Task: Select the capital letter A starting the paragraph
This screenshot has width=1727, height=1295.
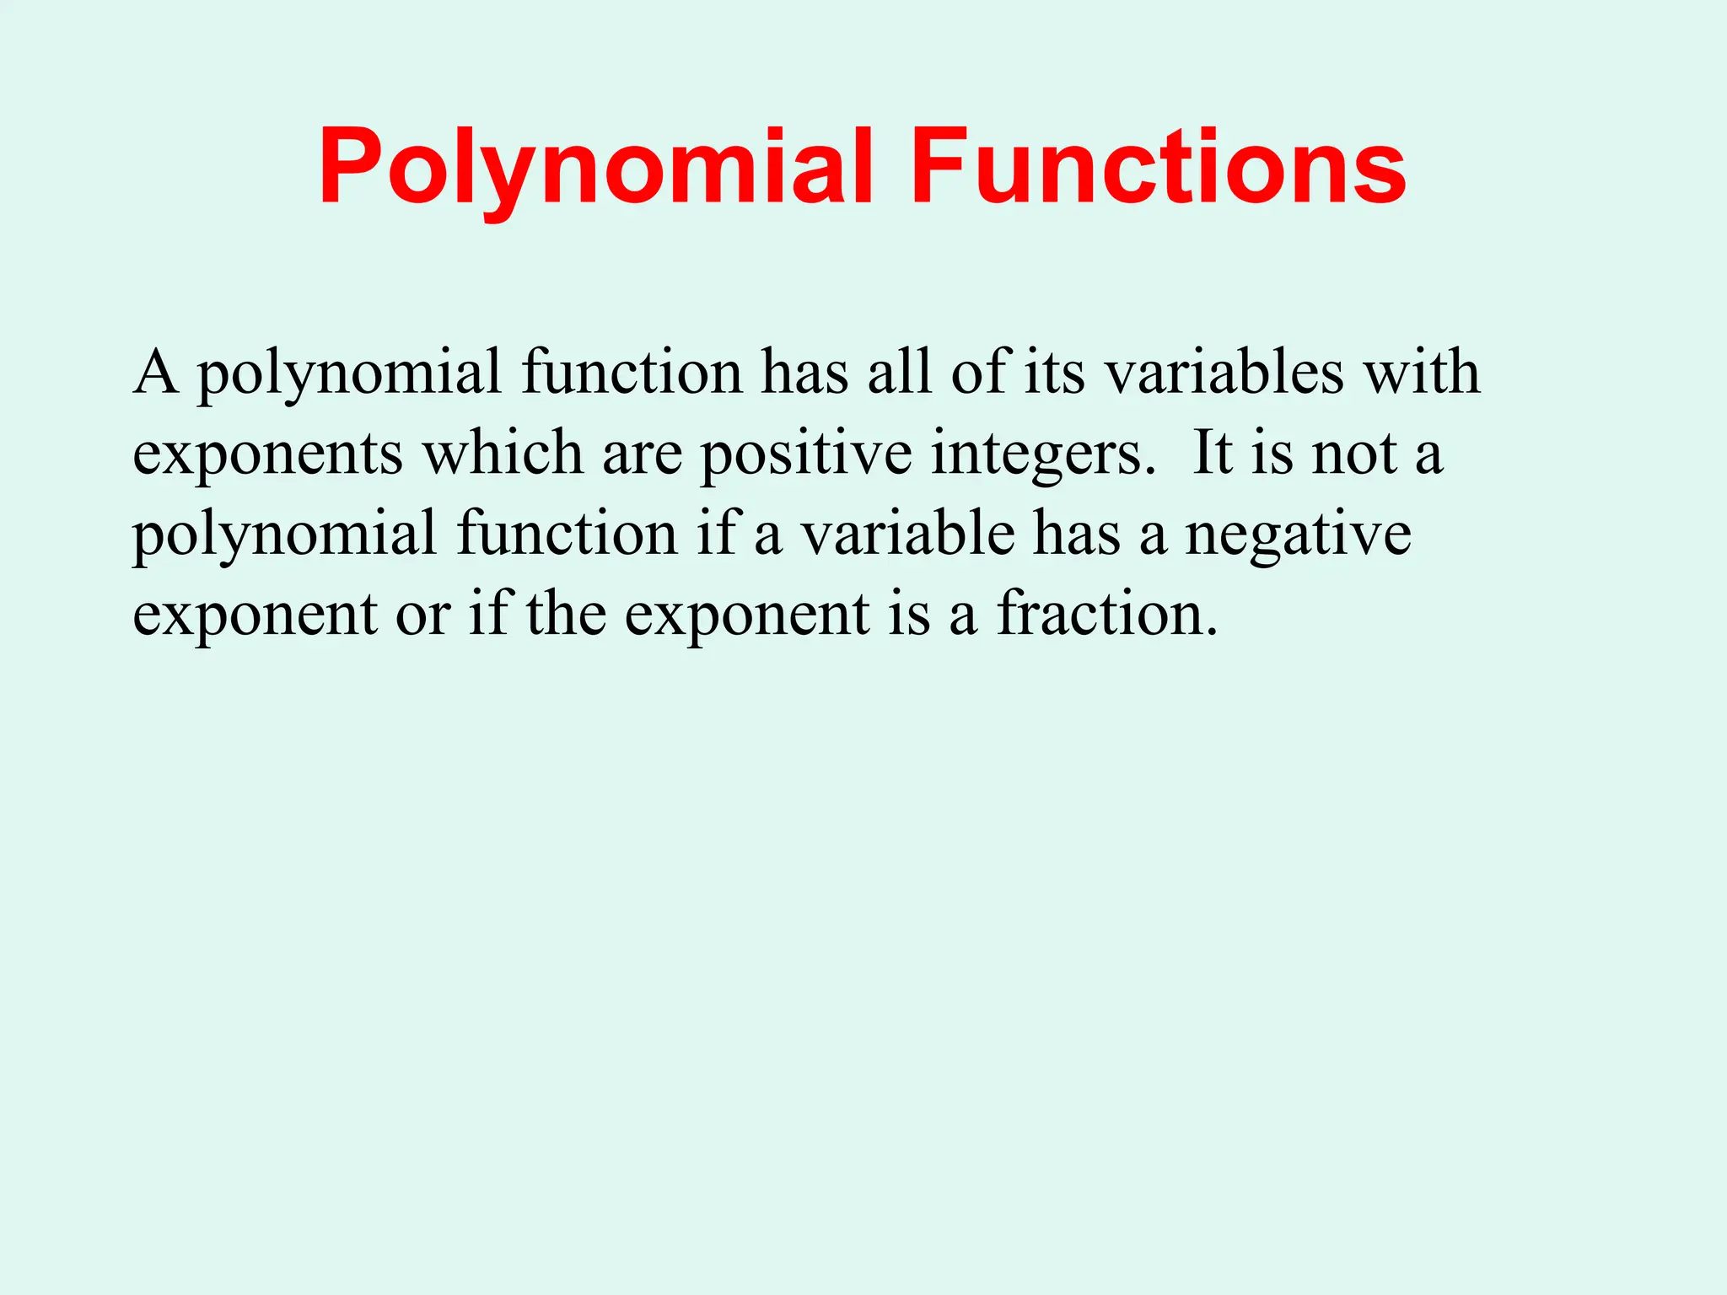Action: (x=156, y=372)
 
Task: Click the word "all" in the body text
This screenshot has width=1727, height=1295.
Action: (x=899, y=372)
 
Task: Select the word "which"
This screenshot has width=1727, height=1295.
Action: (x=503, y=453)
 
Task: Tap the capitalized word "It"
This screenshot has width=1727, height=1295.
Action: (x=1213, y=453)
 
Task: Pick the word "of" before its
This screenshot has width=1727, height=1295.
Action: (x=979, y=372)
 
